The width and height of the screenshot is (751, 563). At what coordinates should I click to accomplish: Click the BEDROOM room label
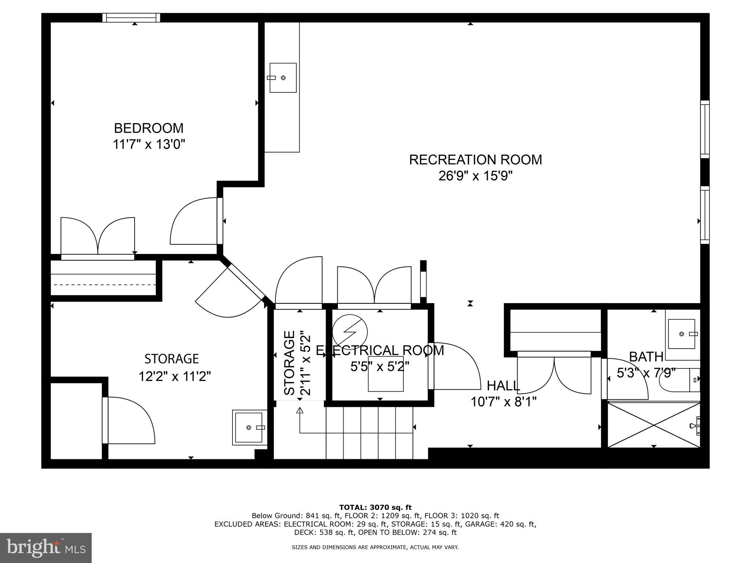(x=149, y=128)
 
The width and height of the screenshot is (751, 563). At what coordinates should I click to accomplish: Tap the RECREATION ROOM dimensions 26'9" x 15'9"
(x=475, y=176)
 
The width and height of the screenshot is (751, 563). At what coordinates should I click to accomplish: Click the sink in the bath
(x=681, y=334)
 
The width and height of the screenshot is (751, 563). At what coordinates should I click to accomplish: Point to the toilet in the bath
(x=678, y=382)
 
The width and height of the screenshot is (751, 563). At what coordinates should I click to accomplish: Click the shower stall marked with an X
(x=654, y=425)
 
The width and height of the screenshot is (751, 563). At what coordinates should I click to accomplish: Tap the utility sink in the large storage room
(x=249, y=427)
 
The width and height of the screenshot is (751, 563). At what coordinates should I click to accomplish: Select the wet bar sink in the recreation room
(x=283, y=78)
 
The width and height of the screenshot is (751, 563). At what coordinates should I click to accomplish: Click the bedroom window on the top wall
(x=131, y=17)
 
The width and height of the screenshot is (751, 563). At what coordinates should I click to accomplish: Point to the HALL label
(x=503, y=386)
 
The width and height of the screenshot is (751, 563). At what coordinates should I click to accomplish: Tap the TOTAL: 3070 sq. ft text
(x=375, y=507)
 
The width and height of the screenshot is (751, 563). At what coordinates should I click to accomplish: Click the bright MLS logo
(x=46, y=548)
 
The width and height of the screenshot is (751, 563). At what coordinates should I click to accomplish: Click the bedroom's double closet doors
(x=98, y=236)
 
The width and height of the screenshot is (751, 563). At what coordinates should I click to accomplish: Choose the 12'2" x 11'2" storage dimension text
(x=175, y=376)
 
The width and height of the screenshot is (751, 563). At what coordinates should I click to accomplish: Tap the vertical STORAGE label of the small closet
(x=290, y=363)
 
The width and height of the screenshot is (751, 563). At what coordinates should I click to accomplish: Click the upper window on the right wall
(x=705, y=129)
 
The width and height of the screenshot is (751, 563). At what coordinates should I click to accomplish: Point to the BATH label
(x=646, y=357)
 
